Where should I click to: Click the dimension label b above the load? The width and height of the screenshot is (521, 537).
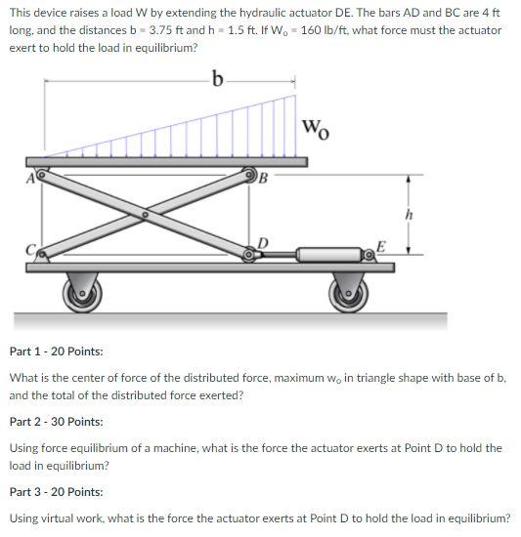(218, 77)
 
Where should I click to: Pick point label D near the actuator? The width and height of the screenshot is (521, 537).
(261, 242)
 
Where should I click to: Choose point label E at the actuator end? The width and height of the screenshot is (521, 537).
(382, 245)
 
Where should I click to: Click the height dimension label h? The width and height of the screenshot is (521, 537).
(421, 215)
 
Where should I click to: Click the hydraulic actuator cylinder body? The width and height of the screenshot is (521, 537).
(324, 256)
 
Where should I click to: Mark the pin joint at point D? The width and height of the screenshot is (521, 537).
(250, 256)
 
